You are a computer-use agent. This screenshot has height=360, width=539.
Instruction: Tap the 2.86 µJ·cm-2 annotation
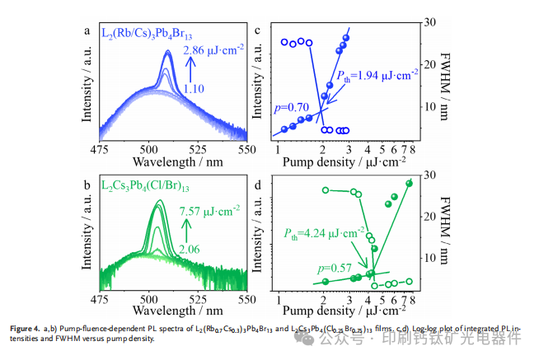(x=213, y=51)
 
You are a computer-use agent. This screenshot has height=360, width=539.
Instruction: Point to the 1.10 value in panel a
(x=194, y=88)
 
